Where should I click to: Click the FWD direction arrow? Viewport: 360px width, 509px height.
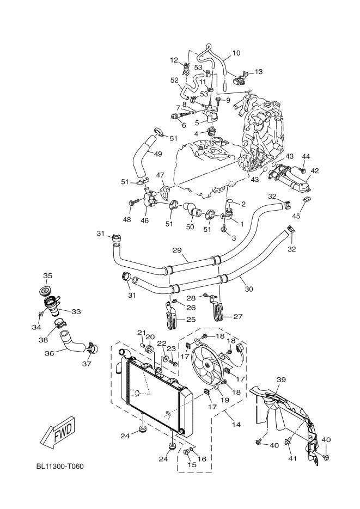pyautogui.click(x=56, y=433)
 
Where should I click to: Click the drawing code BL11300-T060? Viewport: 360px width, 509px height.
pyautogui.click(x=60, y=467)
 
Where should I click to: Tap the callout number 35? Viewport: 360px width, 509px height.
pyautogui.click(x=48, y=275)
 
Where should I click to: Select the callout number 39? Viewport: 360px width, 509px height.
pyautogui.click(x=281, y=379)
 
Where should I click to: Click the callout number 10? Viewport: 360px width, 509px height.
pyautogui.click(x=236, y=53)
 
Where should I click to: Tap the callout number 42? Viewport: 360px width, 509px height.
pyautogui.click(x=315, y=170)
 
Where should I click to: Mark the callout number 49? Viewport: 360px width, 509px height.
pyautogui.click(x=157, y=154)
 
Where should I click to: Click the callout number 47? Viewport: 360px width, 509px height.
pyautogui.click(x=160, y=175)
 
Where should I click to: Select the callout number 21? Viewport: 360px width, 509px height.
pyautogui.click(x=141, y=333)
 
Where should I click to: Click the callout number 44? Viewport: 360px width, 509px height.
pyautogui.click(x=306, y=157)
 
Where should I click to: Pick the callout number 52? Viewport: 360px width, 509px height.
pyautogui.click(x=174, y=80)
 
